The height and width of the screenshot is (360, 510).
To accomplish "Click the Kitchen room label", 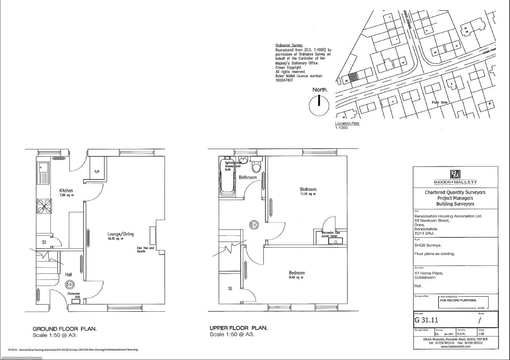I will pyautogui.click(x=66, y=190).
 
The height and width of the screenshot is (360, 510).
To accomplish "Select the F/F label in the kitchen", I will pyautogui.click(x=97, y=172).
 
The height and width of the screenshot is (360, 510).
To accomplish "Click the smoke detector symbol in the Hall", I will pyautogui.click(x=70, y=285).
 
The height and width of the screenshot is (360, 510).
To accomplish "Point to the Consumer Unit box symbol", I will pyautogui.click(x=76, y=301).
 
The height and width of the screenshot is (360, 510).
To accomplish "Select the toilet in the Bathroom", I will pyautogui.click(x=256, y=167).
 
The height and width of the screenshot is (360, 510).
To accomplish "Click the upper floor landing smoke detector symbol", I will pyautogui.click(x=254, y=224).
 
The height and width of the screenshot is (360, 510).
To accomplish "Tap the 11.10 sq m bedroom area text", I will pyautogui.click(x=308, y=194).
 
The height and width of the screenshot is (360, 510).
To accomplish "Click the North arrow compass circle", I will pyautogui.click(x=319, y=105).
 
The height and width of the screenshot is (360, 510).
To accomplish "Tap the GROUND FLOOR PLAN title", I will pyautogui.click(x=65, y=329).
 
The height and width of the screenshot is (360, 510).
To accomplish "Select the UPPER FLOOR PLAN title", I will pyautogui.click(x=238, y=328).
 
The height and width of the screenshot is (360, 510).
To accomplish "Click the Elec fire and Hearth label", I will pyautogui.click(x=146, y=250).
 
